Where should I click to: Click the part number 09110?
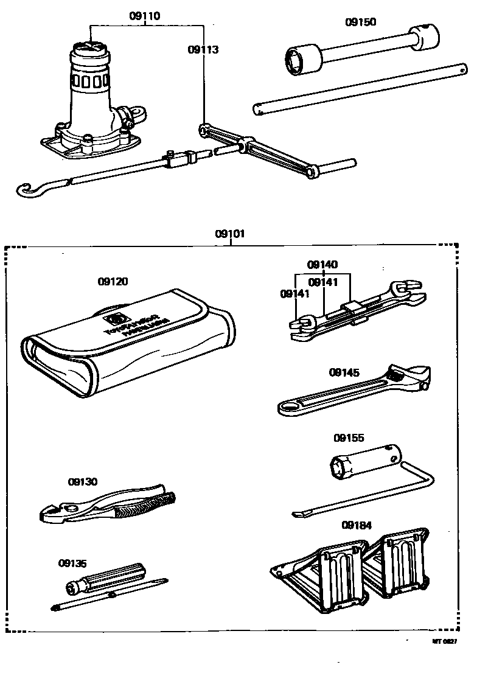point(145,16)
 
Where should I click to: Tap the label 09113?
point(203,51)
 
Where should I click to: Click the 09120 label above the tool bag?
point(113,282)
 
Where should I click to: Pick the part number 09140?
point(322,265)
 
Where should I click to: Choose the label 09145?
point(344,372)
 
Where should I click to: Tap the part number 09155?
point(349,438)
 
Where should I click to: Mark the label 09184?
point(357,525)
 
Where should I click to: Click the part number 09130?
point(83,481)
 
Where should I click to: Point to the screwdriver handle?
point(106,577)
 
